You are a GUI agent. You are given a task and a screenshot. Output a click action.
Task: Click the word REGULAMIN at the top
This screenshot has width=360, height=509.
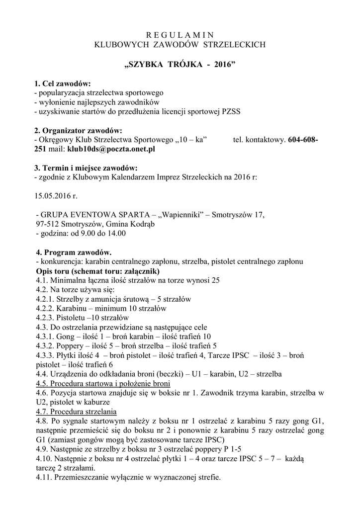[x=180, y=35]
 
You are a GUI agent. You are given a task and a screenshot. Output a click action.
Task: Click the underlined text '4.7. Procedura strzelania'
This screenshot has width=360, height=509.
[x=76, y=412]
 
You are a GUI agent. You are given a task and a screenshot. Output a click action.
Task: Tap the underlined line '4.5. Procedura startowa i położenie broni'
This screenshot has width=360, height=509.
[x=103, y=384]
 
